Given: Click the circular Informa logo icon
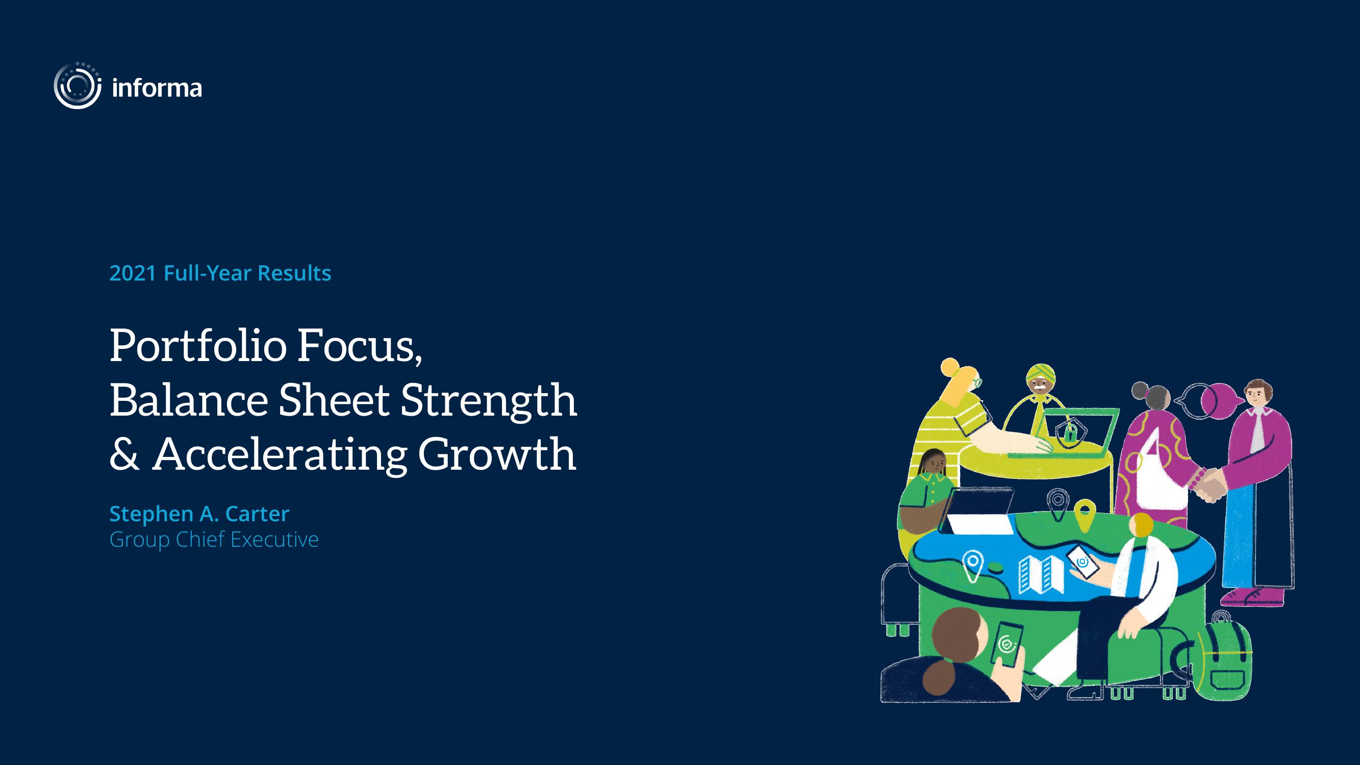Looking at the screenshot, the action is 78,86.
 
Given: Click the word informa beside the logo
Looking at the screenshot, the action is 157,88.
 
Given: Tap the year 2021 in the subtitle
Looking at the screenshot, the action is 133,273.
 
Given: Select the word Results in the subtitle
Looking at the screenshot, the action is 294,273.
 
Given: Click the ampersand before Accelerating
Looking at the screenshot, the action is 124,453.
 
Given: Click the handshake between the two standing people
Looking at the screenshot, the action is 1208,484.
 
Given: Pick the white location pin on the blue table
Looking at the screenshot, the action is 972,566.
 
